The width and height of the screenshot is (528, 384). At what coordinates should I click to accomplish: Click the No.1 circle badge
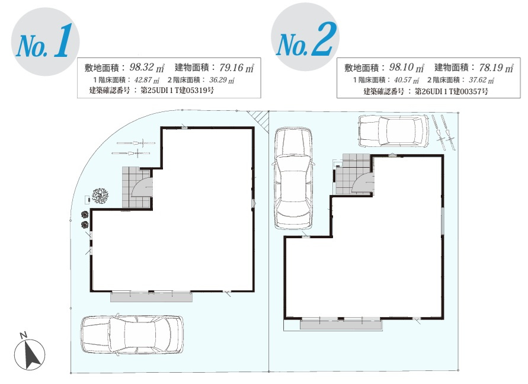(x=45, y=41)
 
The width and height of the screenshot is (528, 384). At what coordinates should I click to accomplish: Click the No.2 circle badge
(x=305, y=37)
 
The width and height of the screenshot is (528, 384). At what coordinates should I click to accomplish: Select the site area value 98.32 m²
(x=147, y=68)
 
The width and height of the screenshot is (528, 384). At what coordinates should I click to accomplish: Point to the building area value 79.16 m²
(x=236, y=68)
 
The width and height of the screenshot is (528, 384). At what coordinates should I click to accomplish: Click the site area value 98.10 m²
(x=407, y=68)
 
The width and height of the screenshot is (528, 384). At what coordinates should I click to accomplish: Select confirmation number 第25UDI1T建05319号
(x=177, y=90)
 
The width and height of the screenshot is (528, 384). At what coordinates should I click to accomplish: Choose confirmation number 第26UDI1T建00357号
(x=451, y=91)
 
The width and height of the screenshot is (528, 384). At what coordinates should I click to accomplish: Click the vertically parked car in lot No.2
(x=293, y=178)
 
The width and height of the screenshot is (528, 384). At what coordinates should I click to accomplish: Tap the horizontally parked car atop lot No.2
(x=393, y=131)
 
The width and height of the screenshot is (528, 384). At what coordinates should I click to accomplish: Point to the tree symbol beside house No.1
(x=100, y=196)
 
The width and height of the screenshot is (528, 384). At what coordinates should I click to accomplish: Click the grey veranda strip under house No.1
(x=152, y=297)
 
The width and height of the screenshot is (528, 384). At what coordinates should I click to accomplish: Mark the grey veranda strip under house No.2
(x=341, y=324)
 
